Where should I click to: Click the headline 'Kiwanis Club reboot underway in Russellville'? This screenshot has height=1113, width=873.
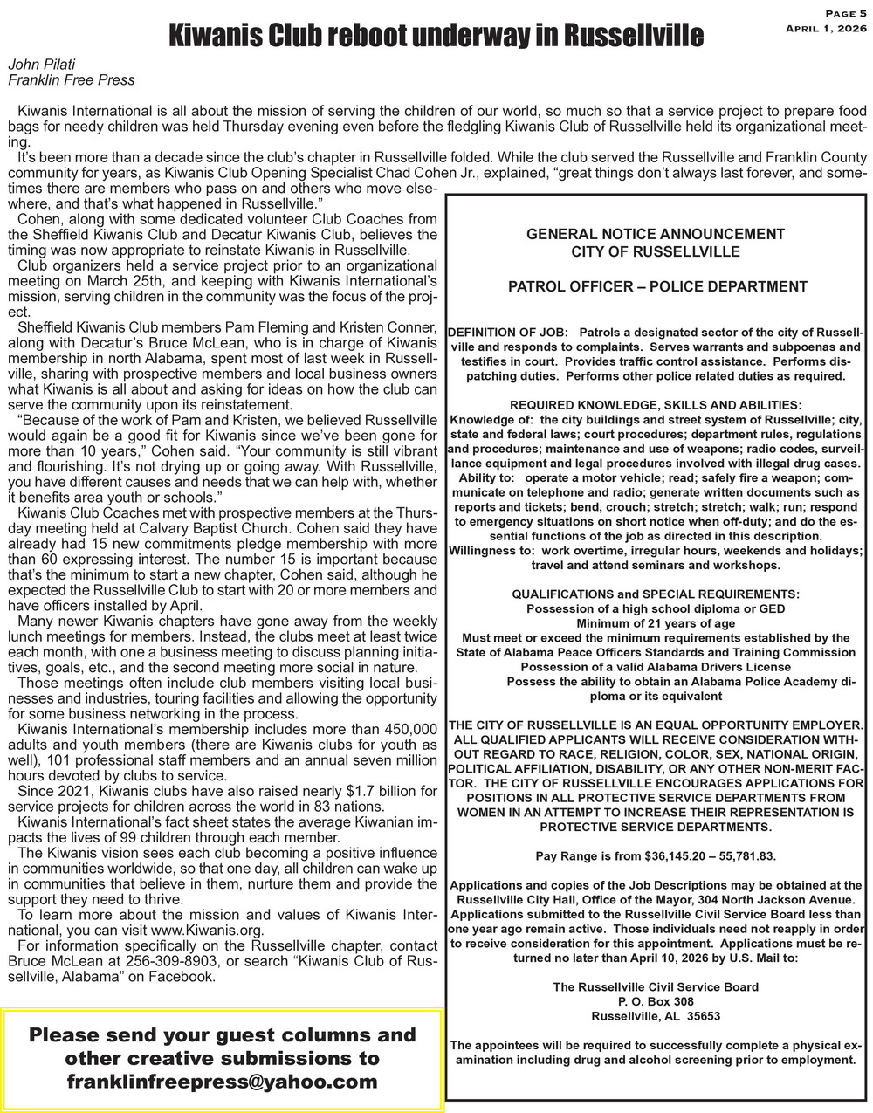(x=435, y=36)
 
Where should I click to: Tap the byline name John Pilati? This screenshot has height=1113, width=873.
(x=42, y=65)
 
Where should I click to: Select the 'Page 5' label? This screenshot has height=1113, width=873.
(x=845, y=13)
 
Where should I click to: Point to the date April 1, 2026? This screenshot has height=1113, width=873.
(x=826, y=29)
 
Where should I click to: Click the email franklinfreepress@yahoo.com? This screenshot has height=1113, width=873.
(x=223, y=1082)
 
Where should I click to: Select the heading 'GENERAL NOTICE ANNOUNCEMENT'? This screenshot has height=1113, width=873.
(x=655, y=234)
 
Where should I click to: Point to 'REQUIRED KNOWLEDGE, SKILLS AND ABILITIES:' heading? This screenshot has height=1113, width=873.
(x=655, y=405)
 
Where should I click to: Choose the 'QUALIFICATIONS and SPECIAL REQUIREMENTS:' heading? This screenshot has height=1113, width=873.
(x=655, y=594)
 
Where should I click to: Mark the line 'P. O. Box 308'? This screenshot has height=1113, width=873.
(x=656, y=1001)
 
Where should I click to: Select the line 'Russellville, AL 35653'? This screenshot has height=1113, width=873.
(x=656, y=1016)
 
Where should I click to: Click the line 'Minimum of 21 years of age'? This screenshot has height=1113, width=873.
(x=656, y=623)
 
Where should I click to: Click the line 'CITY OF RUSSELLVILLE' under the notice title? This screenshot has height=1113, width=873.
(x=656, y=251)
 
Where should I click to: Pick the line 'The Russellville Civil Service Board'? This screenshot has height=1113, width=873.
(x=656, y=986)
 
